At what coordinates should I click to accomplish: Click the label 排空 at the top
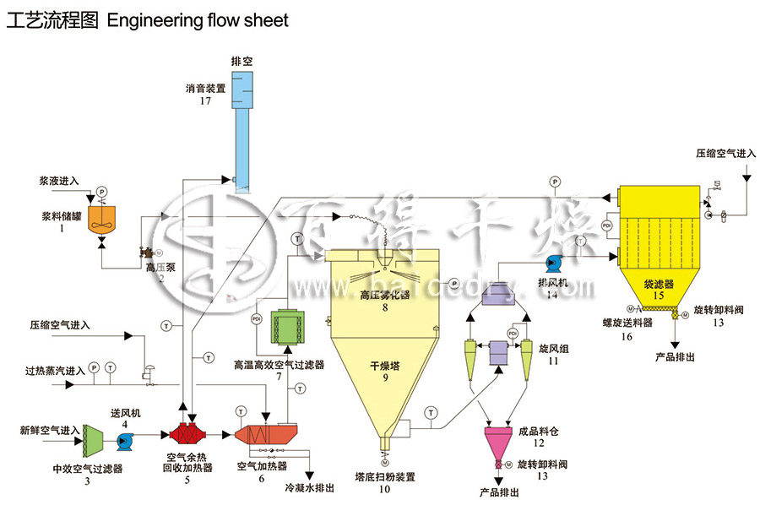(242, 62)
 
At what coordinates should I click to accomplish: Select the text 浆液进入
(59, 181)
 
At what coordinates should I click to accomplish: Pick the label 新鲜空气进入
(50, 430)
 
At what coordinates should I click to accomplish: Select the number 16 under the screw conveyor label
(627, 336)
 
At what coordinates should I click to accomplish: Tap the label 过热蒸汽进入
(56, 370)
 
